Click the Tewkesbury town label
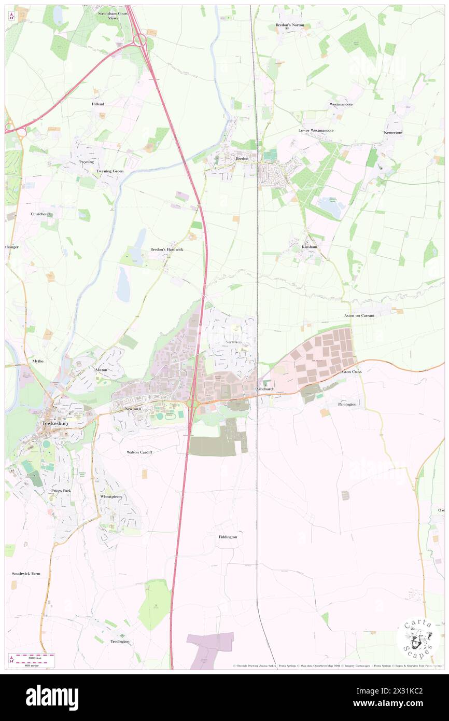[x=58, y=423]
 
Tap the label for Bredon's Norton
[x=290, y=25]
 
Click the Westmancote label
[x=341, y=104]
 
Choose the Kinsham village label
[x=309, y=247]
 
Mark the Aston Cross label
[x=350, y=372]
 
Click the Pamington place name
[x=347, y=404]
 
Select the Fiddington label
[x=227, y=537]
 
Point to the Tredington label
[x=120, y=642]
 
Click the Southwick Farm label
[x=26, y=574]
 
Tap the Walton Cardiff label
[x=139, y=452]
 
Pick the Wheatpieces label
[x=111, y=496]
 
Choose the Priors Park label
[x=61, y=490]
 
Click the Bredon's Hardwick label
[x=166, y=249]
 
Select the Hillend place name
[x=98, y=104]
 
